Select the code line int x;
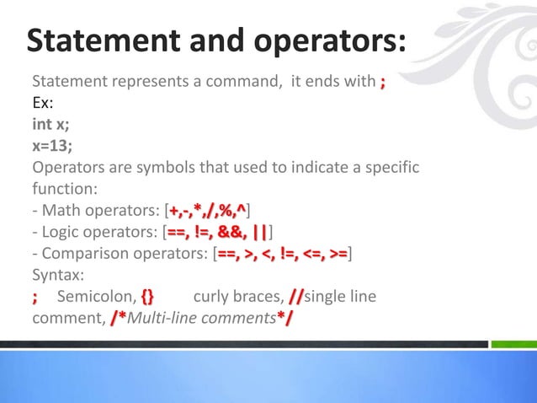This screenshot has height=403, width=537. tap(51, 126)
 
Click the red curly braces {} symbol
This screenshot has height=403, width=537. tap(148, 297)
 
